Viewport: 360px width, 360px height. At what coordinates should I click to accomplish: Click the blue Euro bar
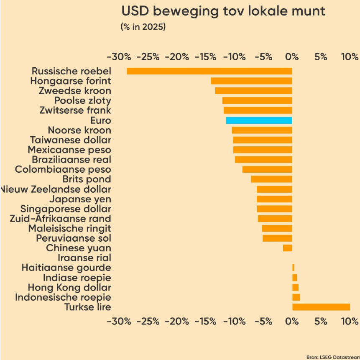coord(259,120)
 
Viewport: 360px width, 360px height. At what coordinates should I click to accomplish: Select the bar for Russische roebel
coord(209,71)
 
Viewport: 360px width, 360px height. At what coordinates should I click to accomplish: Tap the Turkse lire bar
coord(321,307)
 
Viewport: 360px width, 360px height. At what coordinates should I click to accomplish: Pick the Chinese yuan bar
coord(287,248)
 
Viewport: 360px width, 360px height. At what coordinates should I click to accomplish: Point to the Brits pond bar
coord(271,179)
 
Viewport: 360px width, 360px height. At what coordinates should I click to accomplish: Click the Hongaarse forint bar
coord(251,81)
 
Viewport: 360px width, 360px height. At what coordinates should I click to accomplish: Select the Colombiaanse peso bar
coord(267,169)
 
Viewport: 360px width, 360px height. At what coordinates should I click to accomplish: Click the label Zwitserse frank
coord(75,110)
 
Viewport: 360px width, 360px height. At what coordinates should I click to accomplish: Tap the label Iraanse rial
coord(84,258)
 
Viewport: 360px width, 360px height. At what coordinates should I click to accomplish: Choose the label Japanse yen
coord(80,199)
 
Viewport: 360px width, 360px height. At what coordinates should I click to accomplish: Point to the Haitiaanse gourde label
coord(66,268)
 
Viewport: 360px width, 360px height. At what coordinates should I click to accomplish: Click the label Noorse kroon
coord(79,130)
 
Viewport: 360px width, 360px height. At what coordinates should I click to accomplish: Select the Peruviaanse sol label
coord(74,238)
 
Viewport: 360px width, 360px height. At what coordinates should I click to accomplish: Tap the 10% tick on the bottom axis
coord(349,321)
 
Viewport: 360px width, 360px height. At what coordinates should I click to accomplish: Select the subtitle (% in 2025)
coord(143,27)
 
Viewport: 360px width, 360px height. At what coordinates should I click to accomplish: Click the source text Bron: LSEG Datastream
coord(333,357)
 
